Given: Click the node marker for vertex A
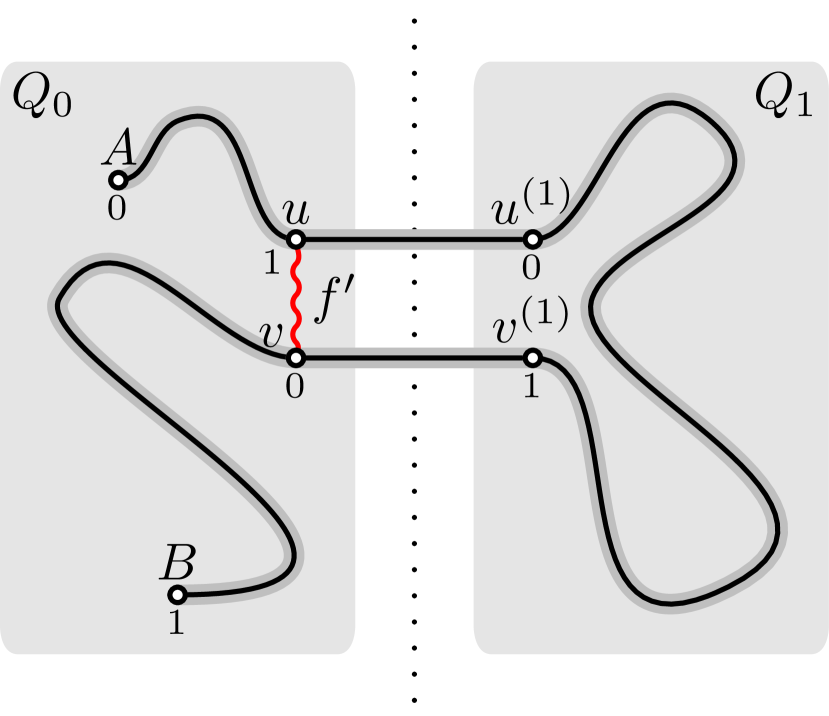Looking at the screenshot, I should click(117, 180).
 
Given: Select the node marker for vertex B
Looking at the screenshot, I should click(176, 595).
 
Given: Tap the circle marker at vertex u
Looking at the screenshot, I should click(296, 239).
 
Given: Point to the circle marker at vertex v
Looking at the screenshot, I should click(296, 357).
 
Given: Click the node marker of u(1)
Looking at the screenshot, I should click(532, 239).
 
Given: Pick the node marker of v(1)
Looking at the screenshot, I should click(532, 357).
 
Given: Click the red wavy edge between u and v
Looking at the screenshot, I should click(296, 298).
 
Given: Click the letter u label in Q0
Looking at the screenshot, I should click(295, 211).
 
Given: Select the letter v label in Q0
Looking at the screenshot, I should click(270, 334).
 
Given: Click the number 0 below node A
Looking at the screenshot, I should click(117, 210).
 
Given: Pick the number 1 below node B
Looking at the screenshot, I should click(176, 624).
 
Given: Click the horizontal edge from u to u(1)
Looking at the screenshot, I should click(414, 239).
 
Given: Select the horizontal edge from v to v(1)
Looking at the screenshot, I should click(414, 357).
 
